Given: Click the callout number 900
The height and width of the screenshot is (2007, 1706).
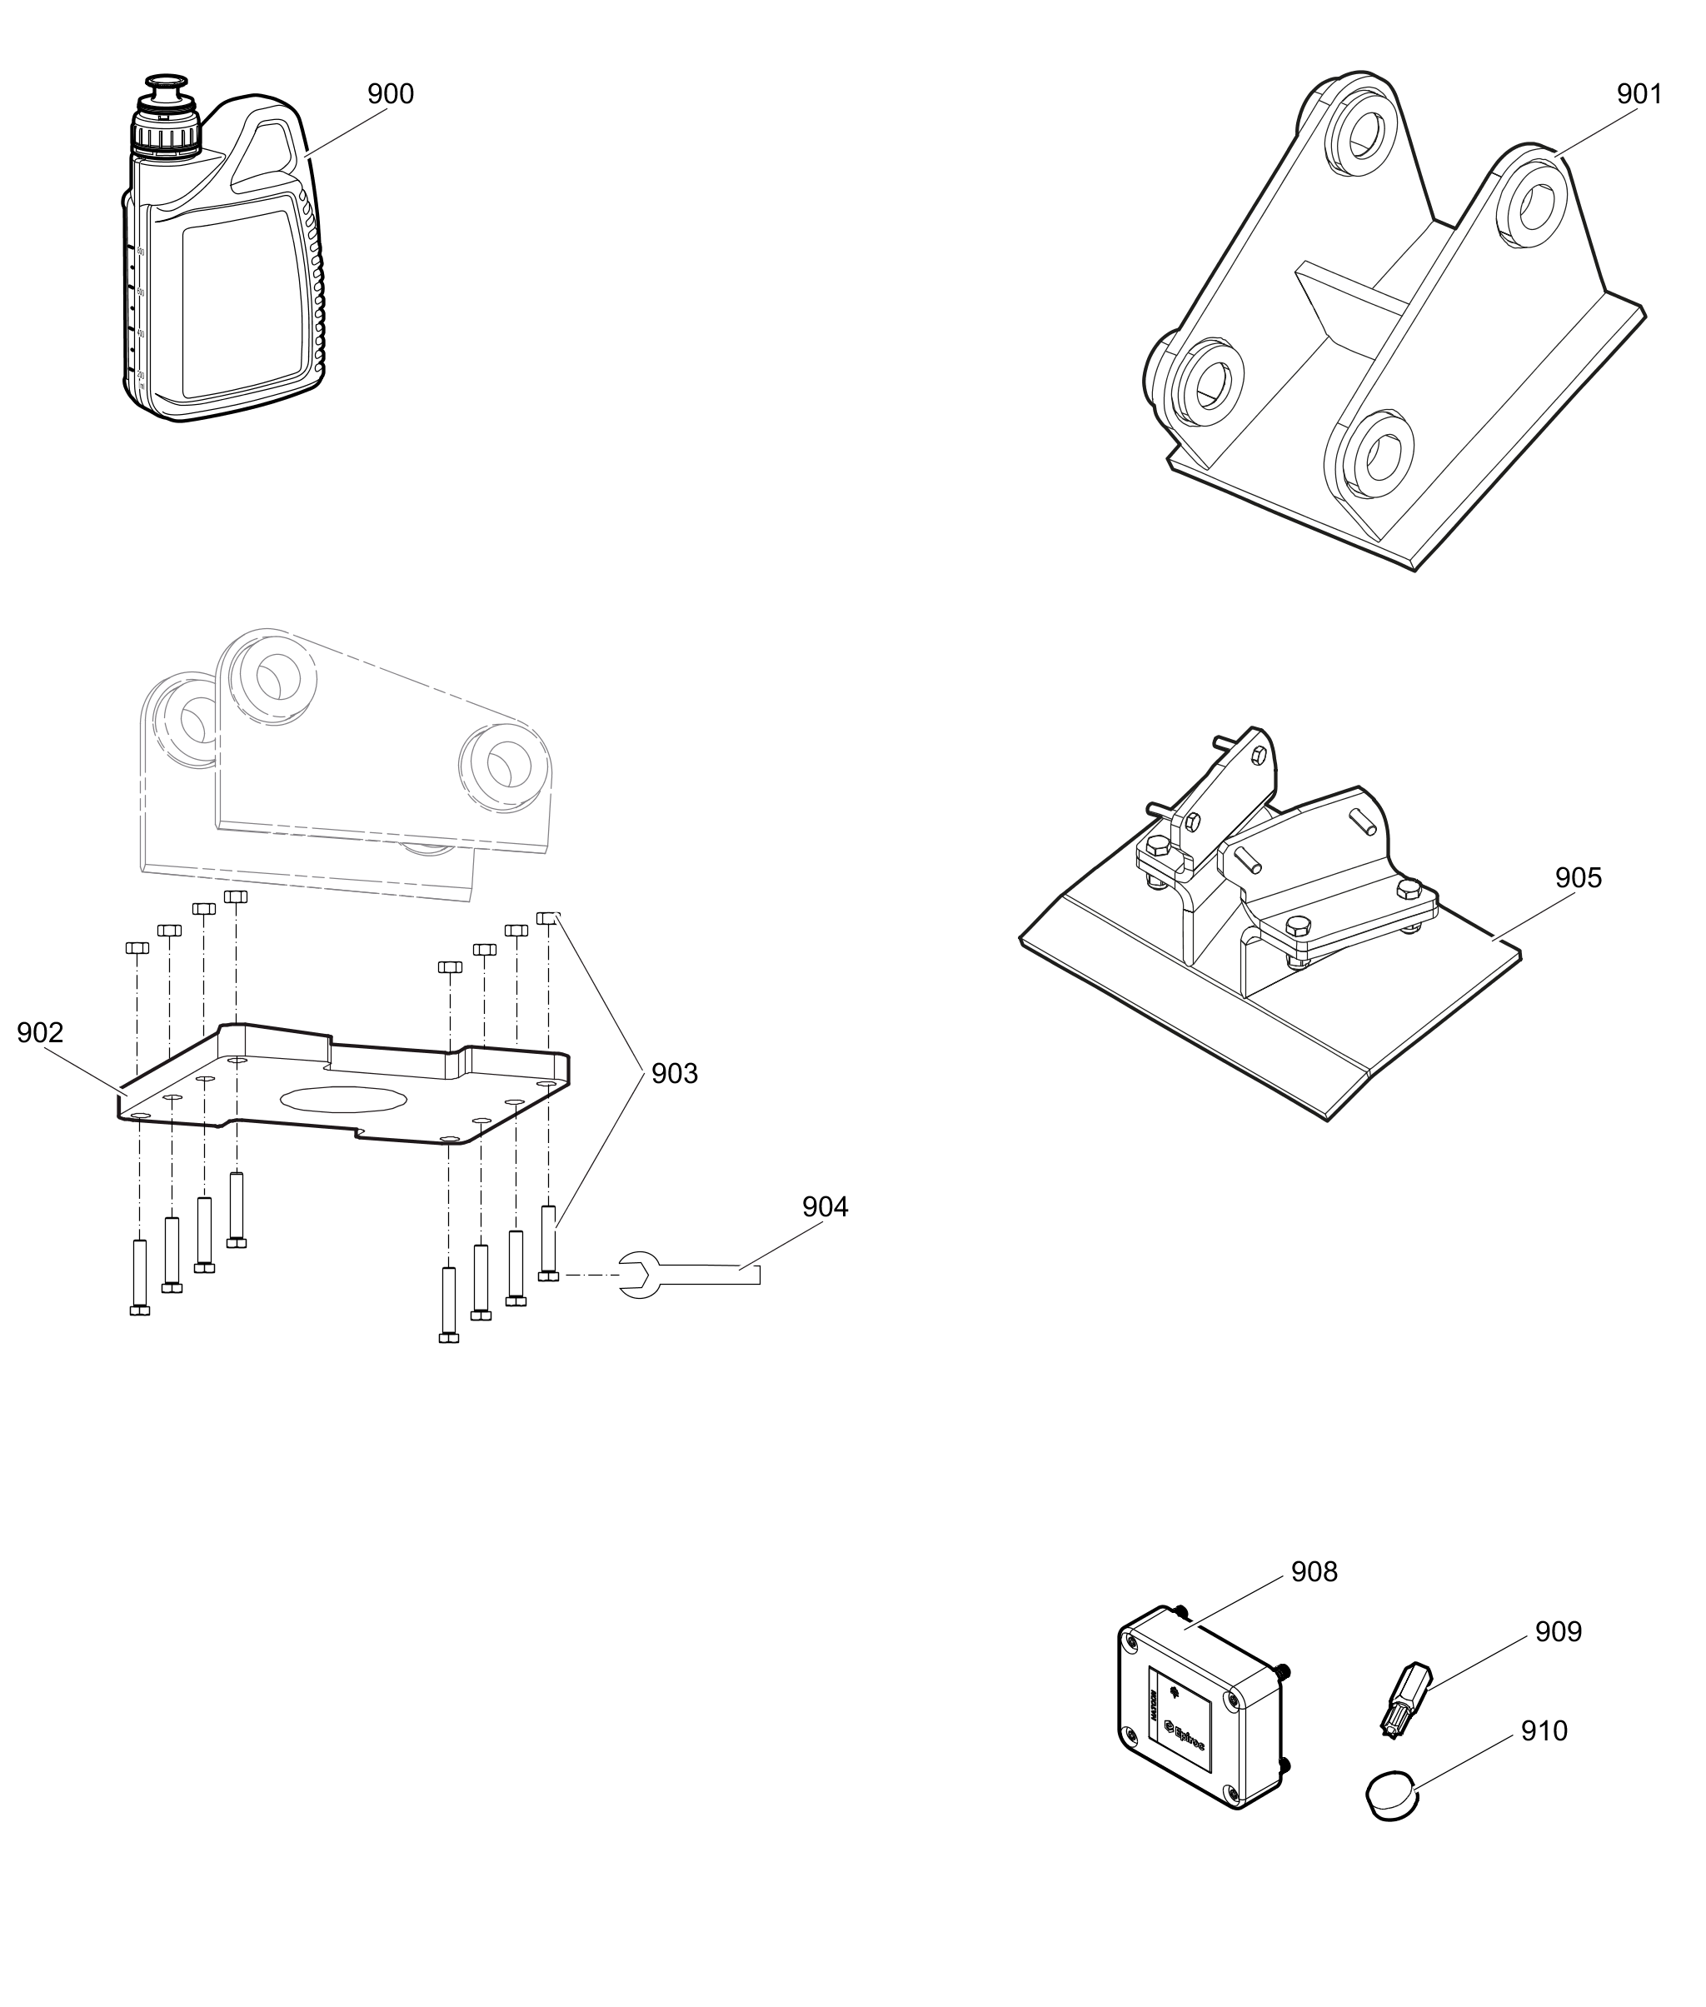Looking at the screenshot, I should (x=390, y=94).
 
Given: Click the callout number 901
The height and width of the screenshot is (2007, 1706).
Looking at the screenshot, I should (x=1639, y=94).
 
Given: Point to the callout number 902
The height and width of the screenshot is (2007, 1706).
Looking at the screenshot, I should (x=40, y=1032).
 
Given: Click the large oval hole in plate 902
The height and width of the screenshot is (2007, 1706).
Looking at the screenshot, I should (x=343, y=1099).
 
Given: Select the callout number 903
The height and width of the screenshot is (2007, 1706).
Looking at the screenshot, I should (x=674, y=1073).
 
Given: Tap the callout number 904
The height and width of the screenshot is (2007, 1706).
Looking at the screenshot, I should (x=825, y=1206).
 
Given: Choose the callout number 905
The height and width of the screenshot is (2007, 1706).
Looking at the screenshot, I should (x=1579, y=877).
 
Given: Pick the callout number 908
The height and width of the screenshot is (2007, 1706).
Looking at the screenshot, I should (x=1314, y=1572).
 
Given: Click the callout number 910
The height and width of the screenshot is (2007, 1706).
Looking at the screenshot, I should (x=1544, y=1730).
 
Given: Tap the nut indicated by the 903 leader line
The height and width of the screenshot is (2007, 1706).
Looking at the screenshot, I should (x=547, y=917).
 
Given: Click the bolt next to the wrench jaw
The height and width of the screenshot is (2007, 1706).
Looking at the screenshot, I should (x=548, y=1243).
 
